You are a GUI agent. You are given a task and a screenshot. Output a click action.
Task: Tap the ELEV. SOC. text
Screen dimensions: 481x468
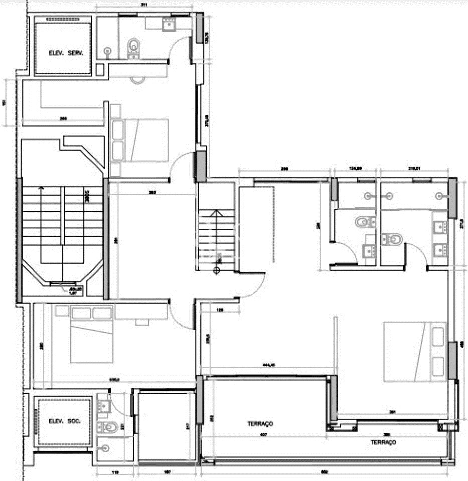tap(62, 421)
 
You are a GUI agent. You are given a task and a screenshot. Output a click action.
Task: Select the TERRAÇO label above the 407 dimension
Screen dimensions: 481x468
tap(260, 424)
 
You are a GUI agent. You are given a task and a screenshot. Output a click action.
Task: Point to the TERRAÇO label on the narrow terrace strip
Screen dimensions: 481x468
tap(384, 442)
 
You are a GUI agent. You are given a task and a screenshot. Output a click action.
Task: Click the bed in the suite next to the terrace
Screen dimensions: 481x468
tap(414, 351)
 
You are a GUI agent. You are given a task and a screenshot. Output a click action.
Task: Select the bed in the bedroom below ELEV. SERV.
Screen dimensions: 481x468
tap(139, 140)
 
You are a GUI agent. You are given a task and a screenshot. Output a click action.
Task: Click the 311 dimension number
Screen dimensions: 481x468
tap(144, 5)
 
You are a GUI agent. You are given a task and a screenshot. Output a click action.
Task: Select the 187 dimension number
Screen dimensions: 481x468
tap(167, 472)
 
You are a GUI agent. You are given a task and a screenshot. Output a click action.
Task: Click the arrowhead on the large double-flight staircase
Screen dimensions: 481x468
tap(41, 189)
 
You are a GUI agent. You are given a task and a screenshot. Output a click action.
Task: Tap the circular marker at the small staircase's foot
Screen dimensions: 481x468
tap(216, 271)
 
